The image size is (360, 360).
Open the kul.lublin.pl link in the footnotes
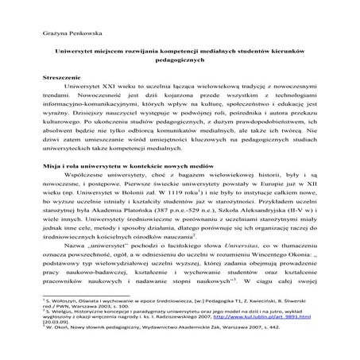(x=294, y=339)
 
